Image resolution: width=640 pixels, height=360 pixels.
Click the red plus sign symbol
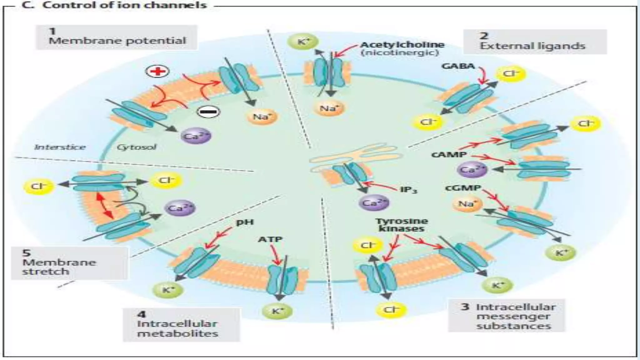(157, 71)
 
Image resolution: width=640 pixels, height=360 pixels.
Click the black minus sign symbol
(208, 112)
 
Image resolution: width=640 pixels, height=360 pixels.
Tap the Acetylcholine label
(402, 45)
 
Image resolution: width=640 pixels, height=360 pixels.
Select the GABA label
(458, 66)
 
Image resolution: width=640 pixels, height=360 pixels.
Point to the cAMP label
(449, 155)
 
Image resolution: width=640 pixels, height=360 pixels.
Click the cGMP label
(463, 188)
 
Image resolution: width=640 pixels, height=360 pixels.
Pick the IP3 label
(409, 190)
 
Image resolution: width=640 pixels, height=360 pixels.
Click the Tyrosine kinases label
(402, 225)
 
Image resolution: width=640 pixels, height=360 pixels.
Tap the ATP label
(270, 239)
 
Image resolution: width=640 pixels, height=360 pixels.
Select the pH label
(245, 222)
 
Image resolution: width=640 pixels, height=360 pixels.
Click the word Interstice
(60, 147)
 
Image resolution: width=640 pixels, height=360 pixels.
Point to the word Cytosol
(136, 147)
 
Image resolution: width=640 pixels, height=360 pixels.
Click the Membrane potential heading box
(116, 37)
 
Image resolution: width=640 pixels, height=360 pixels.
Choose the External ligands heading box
(534, 42)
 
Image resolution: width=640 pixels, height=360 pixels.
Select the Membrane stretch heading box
(69, 263)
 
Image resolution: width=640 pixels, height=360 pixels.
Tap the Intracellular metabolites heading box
(181, 324)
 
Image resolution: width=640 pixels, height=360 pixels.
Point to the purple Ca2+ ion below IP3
(373, 203)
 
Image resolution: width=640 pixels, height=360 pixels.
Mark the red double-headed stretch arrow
(105, 206)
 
